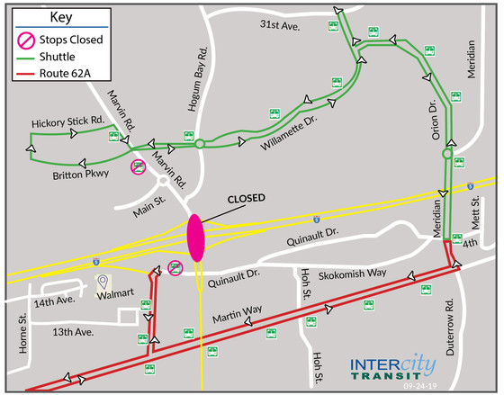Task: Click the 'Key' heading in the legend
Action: tap(61, 17)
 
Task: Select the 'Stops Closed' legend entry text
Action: tap(73, 40)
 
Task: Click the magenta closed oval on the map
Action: tap(195, 238)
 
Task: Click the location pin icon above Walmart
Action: tap(103, 280)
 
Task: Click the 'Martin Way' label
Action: tap(238, 315)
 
